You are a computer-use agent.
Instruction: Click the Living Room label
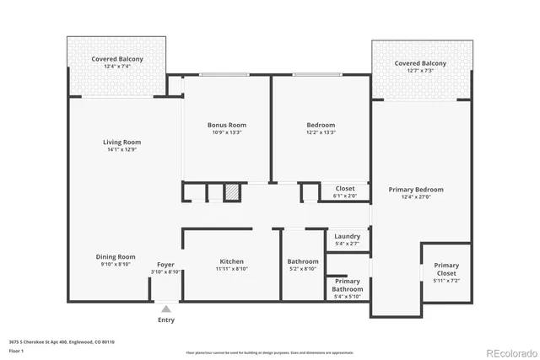point(121,142)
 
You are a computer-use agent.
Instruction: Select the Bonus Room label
point(226,125)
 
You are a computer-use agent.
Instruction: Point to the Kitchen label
point(232,261)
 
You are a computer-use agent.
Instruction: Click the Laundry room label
point(347,237)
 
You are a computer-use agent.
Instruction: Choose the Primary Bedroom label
point(415,190)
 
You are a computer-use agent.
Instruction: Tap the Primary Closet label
point(446,269)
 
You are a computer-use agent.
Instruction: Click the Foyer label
point(165,264)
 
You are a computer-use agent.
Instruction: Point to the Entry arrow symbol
point(166,308)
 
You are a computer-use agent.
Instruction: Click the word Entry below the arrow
point(166,320)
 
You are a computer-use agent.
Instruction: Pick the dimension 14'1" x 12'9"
point(121,150)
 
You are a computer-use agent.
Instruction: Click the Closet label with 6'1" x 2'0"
point(345,188)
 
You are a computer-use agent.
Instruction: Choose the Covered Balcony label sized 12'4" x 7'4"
point(117,59)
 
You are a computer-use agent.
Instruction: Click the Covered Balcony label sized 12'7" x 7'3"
point(420,63)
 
